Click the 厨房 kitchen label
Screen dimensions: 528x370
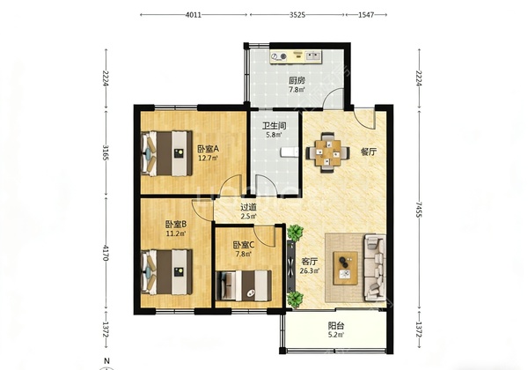coord(297,80)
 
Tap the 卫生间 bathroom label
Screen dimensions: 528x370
coord(275,126)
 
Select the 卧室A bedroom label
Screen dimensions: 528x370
coord(208,149)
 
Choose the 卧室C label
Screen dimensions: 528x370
coord(244,245)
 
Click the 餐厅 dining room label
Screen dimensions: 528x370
coord(369,152)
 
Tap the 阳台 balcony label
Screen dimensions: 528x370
coord(336,326)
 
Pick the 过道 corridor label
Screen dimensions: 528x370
coord(248,207)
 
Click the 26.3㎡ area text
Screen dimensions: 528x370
coord(310,270)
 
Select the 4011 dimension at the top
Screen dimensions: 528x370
coord(194,15)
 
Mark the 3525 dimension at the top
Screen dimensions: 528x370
coord(297,15)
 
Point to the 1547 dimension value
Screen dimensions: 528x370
coord(366,15)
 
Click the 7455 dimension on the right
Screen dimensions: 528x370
coord(419,210)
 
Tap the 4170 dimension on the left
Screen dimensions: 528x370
coord(106,253)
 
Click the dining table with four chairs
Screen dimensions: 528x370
coord(327,152)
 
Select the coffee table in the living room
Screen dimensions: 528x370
coord(346,268)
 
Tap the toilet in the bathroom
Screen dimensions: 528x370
coord(290,152)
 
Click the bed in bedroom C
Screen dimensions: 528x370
coord(244,285)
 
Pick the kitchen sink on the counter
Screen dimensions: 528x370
coord(313,55)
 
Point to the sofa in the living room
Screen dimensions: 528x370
coord(375,267)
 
